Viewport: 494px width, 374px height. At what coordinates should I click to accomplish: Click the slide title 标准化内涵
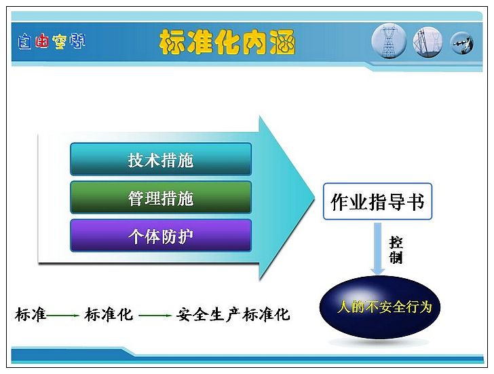coord(227,42)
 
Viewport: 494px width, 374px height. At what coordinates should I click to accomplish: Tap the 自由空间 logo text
coord(52,41)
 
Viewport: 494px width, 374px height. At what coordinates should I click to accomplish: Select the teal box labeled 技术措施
coord(161,159)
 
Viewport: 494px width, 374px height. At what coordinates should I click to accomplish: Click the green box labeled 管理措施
coord(161,198)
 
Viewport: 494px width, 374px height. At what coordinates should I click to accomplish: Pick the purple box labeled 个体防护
coord(161,236)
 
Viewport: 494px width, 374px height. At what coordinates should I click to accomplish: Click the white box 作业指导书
coord(377,201)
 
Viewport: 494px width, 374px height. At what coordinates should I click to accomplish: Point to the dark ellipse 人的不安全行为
coord(379,307)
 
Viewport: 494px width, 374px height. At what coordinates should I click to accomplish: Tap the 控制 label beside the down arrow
coord(396,250)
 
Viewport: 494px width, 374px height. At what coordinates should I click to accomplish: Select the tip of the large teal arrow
coord(314,198)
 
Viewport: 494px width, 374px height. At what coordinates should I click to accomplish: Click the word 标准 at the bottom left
coord(31,315)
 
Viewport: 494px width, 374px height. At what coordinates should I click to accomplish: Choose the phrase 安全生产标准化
coord(233,315)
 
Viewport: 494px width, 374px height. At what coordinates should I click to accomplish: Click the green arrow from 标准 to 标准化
coord(62,316)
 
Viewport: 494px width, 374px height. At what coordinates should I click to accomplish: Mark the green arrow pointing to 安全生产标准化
coord(155,316)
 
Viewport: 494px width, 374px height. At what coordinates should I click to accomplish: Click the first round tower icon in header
coord(389,43)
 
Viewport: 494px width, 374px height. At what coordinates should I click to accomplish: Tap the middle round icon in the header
coord(427,42)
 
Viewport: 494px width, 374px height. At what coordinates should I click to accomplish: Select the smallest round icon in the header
coord(462,43)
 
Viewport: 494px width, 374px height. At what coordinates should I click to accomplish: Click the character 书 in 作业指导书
coord(415,202)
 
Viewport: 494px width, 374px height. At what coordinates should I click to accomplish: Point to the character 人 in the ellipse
coord(344,307)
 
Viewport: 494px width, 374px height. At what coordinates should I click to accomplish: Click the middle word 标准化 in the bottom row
coord(109,315)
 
